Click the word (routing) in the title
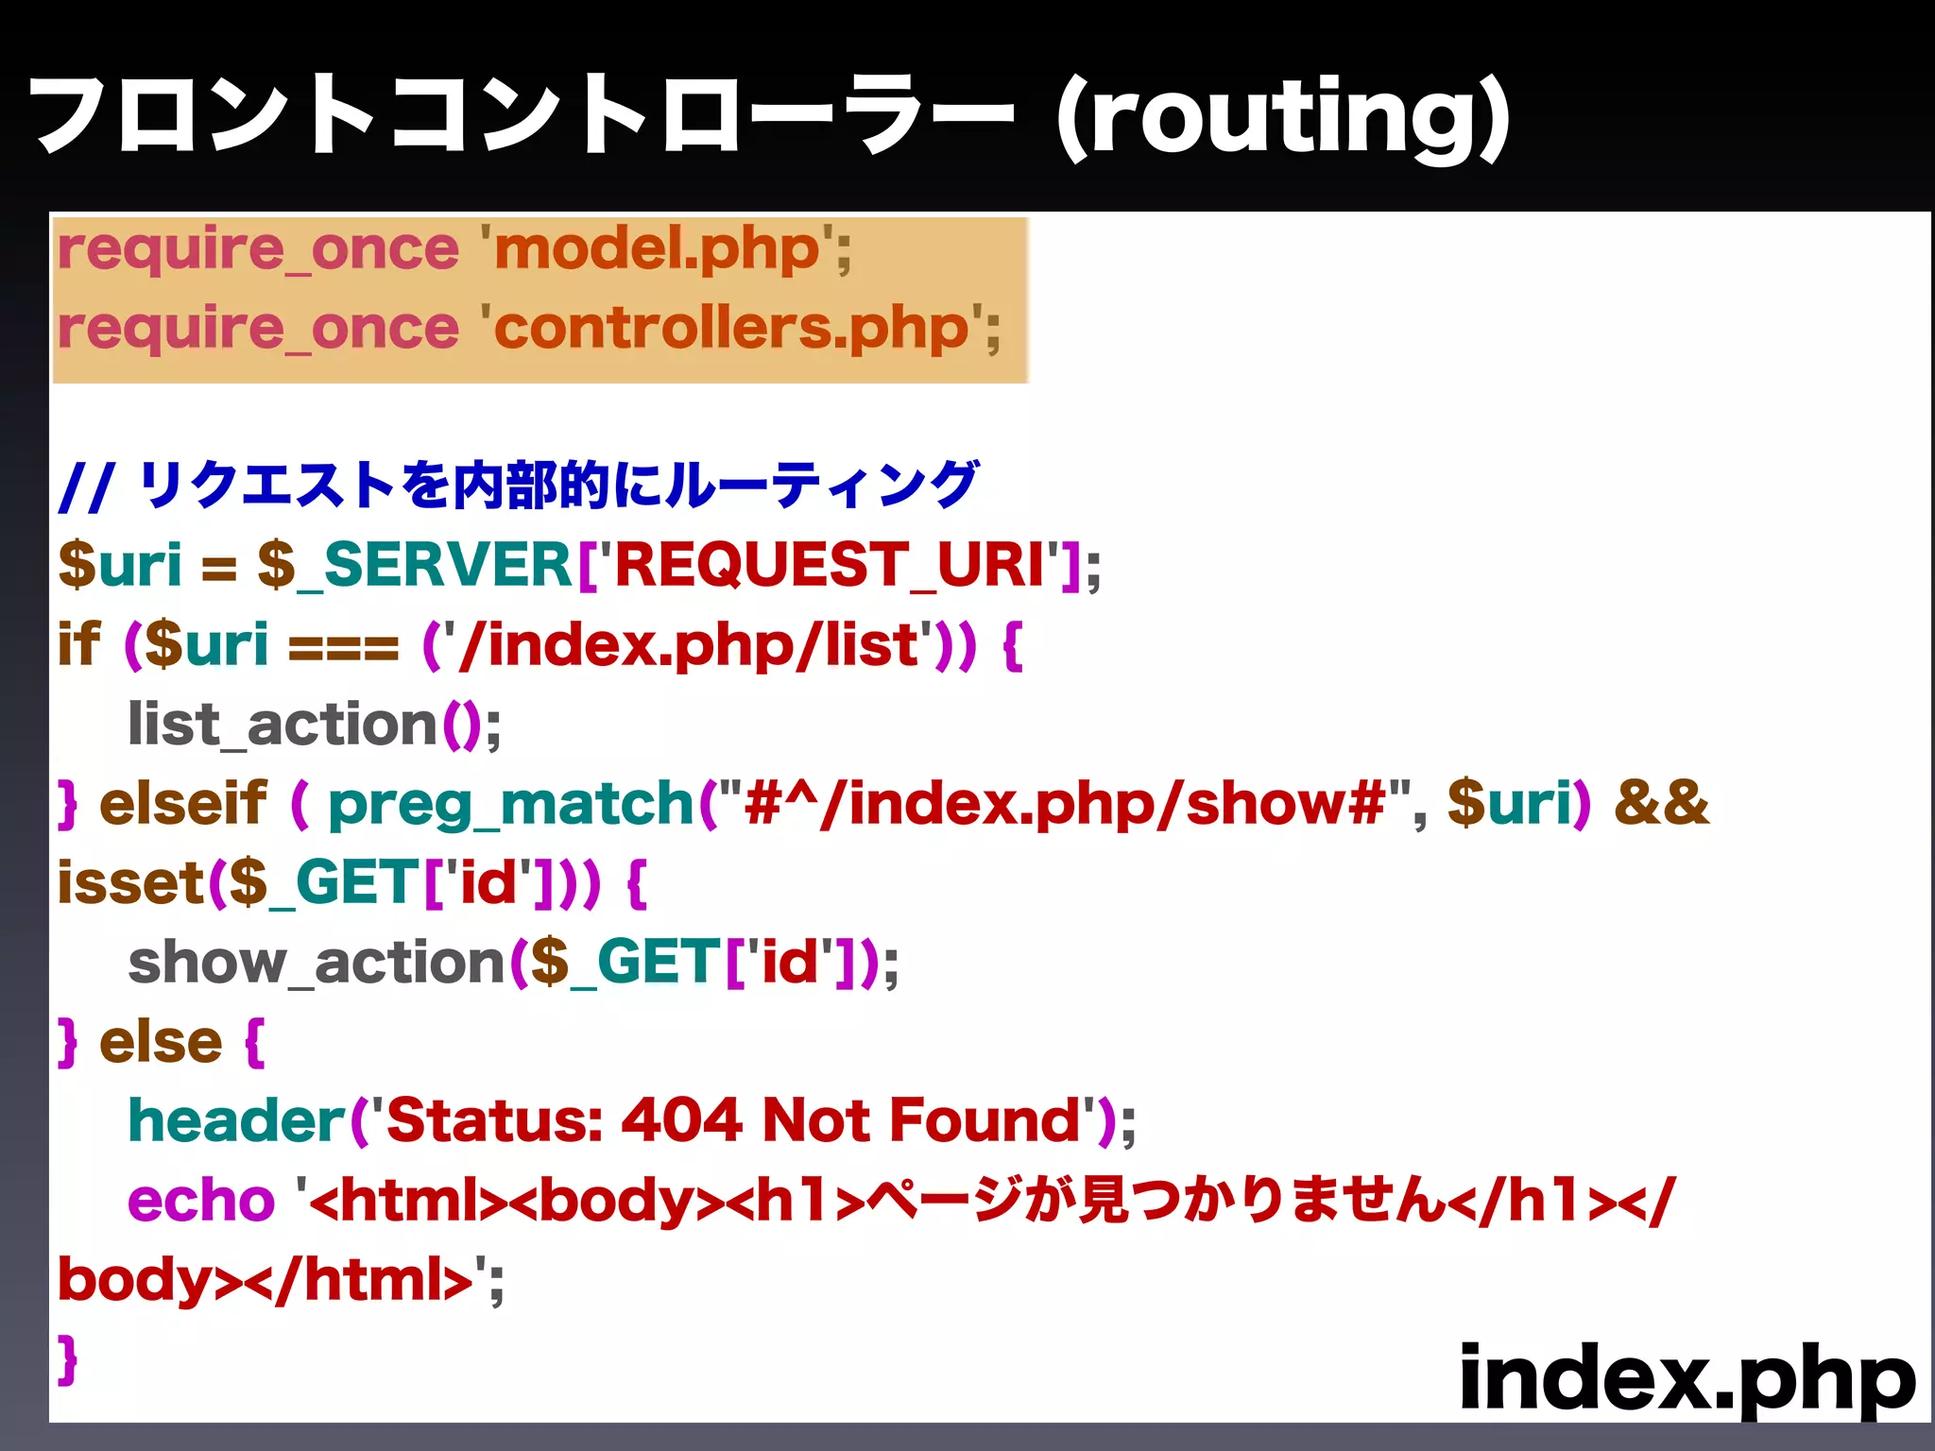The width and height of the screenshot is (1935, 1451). (x=1283, y=118)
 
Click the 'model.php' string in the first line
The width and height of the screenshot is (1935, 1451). (x=657, y=250)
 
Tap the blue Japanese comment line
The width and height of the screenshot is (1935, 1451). (x=518, y=486)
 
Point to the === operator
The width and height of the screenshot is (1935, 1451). (x=344, y=647)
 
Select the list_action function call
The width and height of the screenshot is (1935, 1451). (x=283, y=725)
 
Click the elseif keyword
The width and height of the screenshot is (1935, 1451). (x=183, y=805)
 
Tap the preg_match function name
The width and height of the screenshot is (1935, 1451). (x=511, y=805)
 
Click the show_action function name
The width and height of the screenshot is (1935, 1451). (x=317, y=964)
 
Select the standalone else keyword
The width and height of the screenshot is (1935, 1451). (x=161, y=1043)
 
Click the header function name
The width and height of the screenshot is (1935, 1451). (x=237, y=1121)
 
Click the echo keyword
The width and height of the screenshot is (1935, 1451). (x=201, y=1201)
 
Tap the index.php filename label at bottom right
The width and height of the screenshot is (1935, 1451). (x=1687, y=1378)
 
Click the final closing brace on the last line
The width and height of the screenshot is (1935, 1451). (x=67, y=1359)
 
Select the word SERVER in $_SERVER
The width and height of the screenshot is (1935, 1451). (x=447, y=565)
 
